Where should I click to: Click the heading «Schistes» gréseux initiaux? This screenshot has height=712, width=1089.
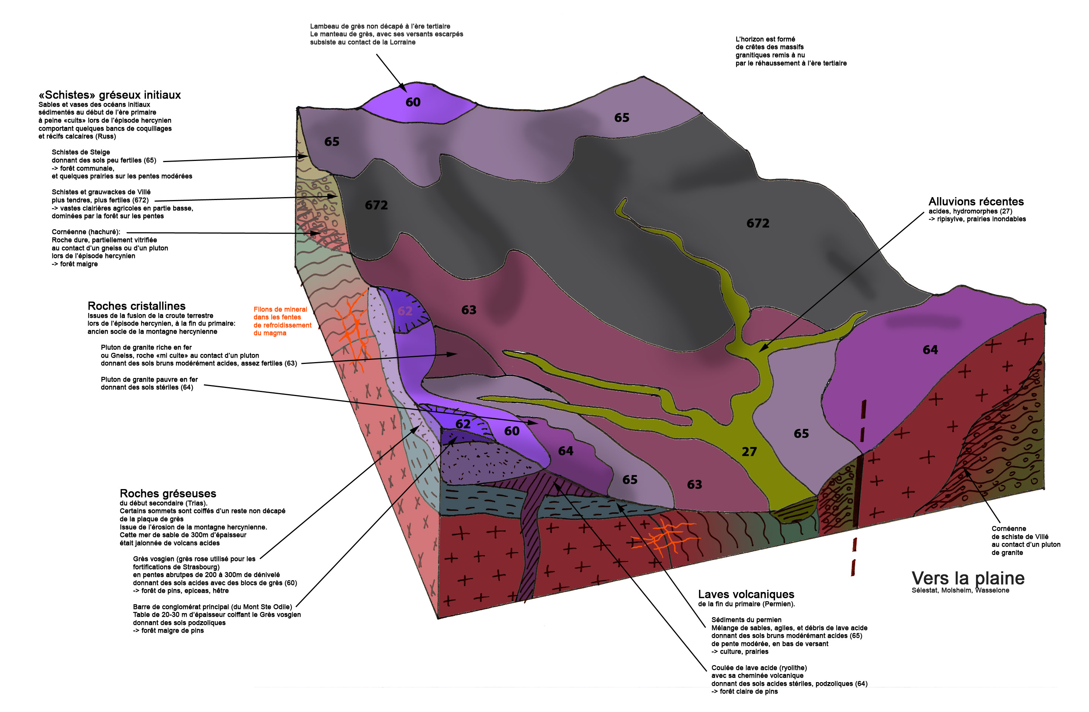110,95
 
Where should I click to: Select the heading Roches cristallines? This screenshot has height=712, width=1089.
136,306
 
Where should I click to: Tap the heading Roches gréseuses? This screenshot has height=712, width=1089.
168,493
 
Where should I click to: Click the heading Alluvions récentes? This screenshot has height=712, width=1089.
976,202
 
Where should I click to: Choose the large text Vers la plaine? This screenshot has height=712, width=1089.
967,578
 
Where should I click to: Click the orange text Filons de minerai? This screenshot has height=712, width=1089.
280,310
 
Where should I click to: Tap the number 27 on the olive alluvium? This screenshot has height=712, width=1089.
749,452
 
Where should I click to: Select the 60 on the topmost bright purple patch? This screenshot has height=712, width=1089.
413,103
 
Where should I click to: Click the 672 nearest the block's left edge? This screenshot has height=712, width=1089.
376,205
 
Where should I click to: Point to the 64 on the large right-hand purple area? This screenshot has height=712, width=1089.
930,350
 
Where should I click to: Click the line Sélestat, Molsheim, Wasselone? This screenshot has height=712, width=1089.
960,590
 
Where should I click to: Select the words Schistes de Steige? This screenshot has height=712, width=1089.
81,152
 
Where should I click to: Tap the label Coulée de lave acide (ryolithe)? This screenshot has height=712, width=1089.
759,668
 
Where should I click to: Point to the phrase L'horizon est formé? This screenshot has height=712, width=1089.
765,39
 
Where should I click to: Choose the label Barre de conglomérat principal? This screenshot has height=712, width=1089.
212,607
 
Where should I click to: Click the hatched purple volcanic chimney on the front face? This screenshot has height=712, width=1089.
531,544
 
